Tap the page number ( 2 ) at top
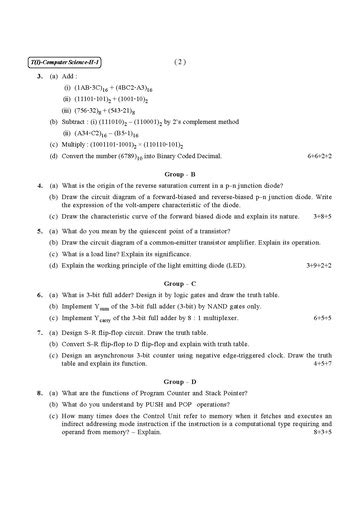pyautogui.click(x=180, y=62)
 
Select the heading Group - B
pyautogui.click(x=179, y=172)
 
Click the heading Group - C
pyautogui.click(x=179, y=283)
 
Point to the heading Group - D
pyautogui.click(x=179, y=381)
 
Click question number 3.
pyautogui.click(x=37, y=76)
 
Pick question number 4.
pyautogui.click(x=37, y=186)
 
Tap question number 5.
pyautogui.click(x=37, y=230)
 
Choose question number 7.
pyautogui.click(x=37, y=331)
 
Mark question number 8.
pyautogui.click(x=37, y=395)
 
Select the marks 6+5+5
pyautogui.click(x=327, y=317)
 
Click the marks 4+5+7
pyautogui.click(x=327, y=364)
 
